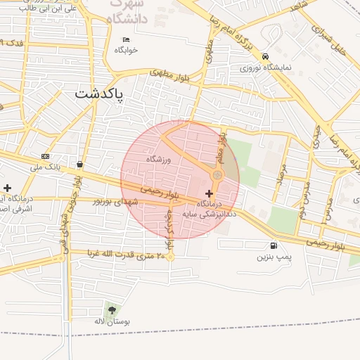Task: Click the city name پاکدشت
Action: click(x=98, y=93)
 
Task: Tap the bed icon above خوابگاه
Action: click(x=126, y=39)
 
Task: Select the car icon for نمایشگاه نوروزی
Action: click(x=265, y=56)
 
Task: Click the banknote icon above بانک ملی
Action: click(x=46, y=156)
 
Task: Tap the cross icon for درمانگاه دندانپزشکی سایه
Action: click(x=209, y=193)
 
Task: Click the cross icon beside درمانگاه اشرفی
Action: click(x=7, y=188)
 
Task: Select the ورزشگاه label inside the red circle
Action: click(x=159, y=160)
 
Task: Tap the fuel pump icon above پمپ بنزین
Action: click(x=272, y=245)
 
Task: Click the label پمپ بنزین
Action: click(x=272, y=257)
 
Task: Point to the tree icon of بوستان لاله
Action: click(x=112, y=309)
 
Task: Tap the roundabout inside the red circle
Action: click(x=218, y=174)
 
